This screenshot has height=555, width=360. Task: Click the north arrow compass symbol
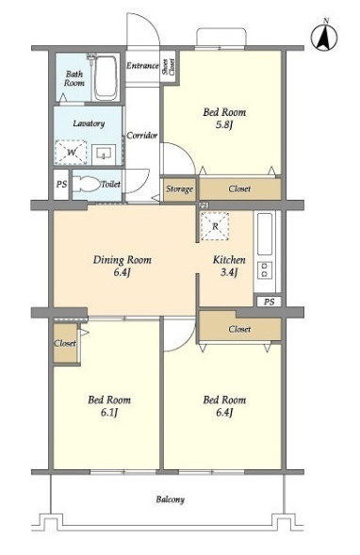point(324,37)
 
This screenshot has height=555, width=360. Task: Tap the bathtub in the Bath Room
point(106,77)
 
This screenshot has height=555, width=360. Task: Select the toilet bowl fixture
point(87,184)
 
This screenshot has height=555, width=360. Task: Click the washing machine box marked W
point(71,153)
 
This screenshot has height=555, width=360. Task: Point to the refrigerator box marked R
point(215,226)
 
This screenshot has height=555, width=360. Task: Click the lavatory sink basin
point(103,154)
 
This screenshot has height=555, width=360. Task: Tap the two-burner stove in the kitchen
point(265,270)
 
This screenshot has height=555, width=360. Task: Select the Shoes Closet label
point(169,66)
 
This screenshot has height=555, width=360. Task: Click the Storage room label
point(179,189)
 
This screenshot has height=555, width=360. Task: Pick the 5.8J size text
point(223,125)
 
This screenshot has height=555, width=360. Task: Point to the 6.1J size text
point(109,413)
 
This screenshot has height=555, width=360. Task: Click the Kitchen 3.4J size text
point(229,272)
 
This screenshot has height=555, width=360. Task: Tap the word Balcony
point(171,499)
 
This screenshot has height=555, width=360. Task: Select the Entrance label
point(142,65)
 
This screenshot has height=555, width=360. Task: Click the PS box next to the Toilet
point(61,185)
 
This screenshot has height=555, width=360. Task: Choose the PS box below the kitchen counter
point(269,302)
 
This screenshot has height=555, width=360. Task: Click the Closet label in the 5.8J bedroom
point(239,188)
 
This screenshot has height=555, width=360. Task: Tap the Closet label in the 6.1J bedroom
point(65,343)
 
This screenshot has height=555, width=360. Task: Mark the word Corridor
point(142,135)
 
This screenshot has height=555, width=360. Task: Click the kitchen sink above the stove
point(265,234)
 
